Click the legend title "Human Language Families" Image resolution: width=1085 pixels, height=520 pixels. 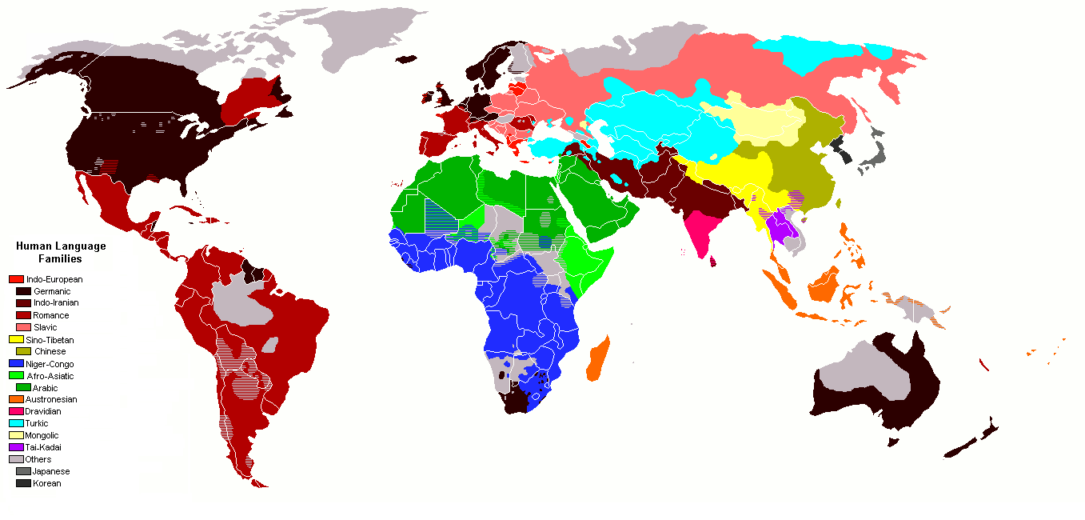coord(61,253)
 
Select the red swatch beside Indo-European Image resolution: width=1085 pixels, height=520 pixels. coord(16,279)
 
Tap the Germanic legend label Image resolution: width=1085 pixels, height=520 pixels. coord(52,291)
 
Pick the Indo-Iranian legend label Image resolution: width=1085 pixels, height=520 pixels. coord(56,303)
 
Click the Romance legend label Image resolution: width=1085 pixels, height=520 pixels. coord(51,315)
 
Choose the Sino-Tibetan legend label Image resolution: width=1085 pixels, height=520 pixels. coord(50,339)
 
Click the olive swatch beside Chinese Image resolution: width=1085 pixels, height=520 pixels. coord(23,351)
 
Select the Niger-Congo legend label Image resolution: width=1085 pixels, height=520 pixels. coord(50,364)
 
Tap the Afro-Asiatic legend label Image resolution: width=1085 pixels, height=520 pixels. coord(50,376)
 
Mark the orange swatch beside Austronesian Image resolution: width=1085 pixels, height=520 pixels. coord(16,399)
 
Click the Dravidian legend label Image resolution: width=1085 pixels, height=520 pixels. coord(43,411)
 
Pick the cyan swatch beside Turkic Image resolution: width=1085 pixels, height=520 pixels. coord(16,423)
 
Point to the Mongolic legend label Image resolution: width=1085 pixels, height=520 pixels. coord(42,435)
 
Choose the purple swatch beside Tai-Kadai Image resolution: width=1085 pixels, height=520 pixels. coord(16,447)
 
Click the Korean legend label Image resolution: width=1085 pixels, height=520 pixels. coord(47,483)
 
